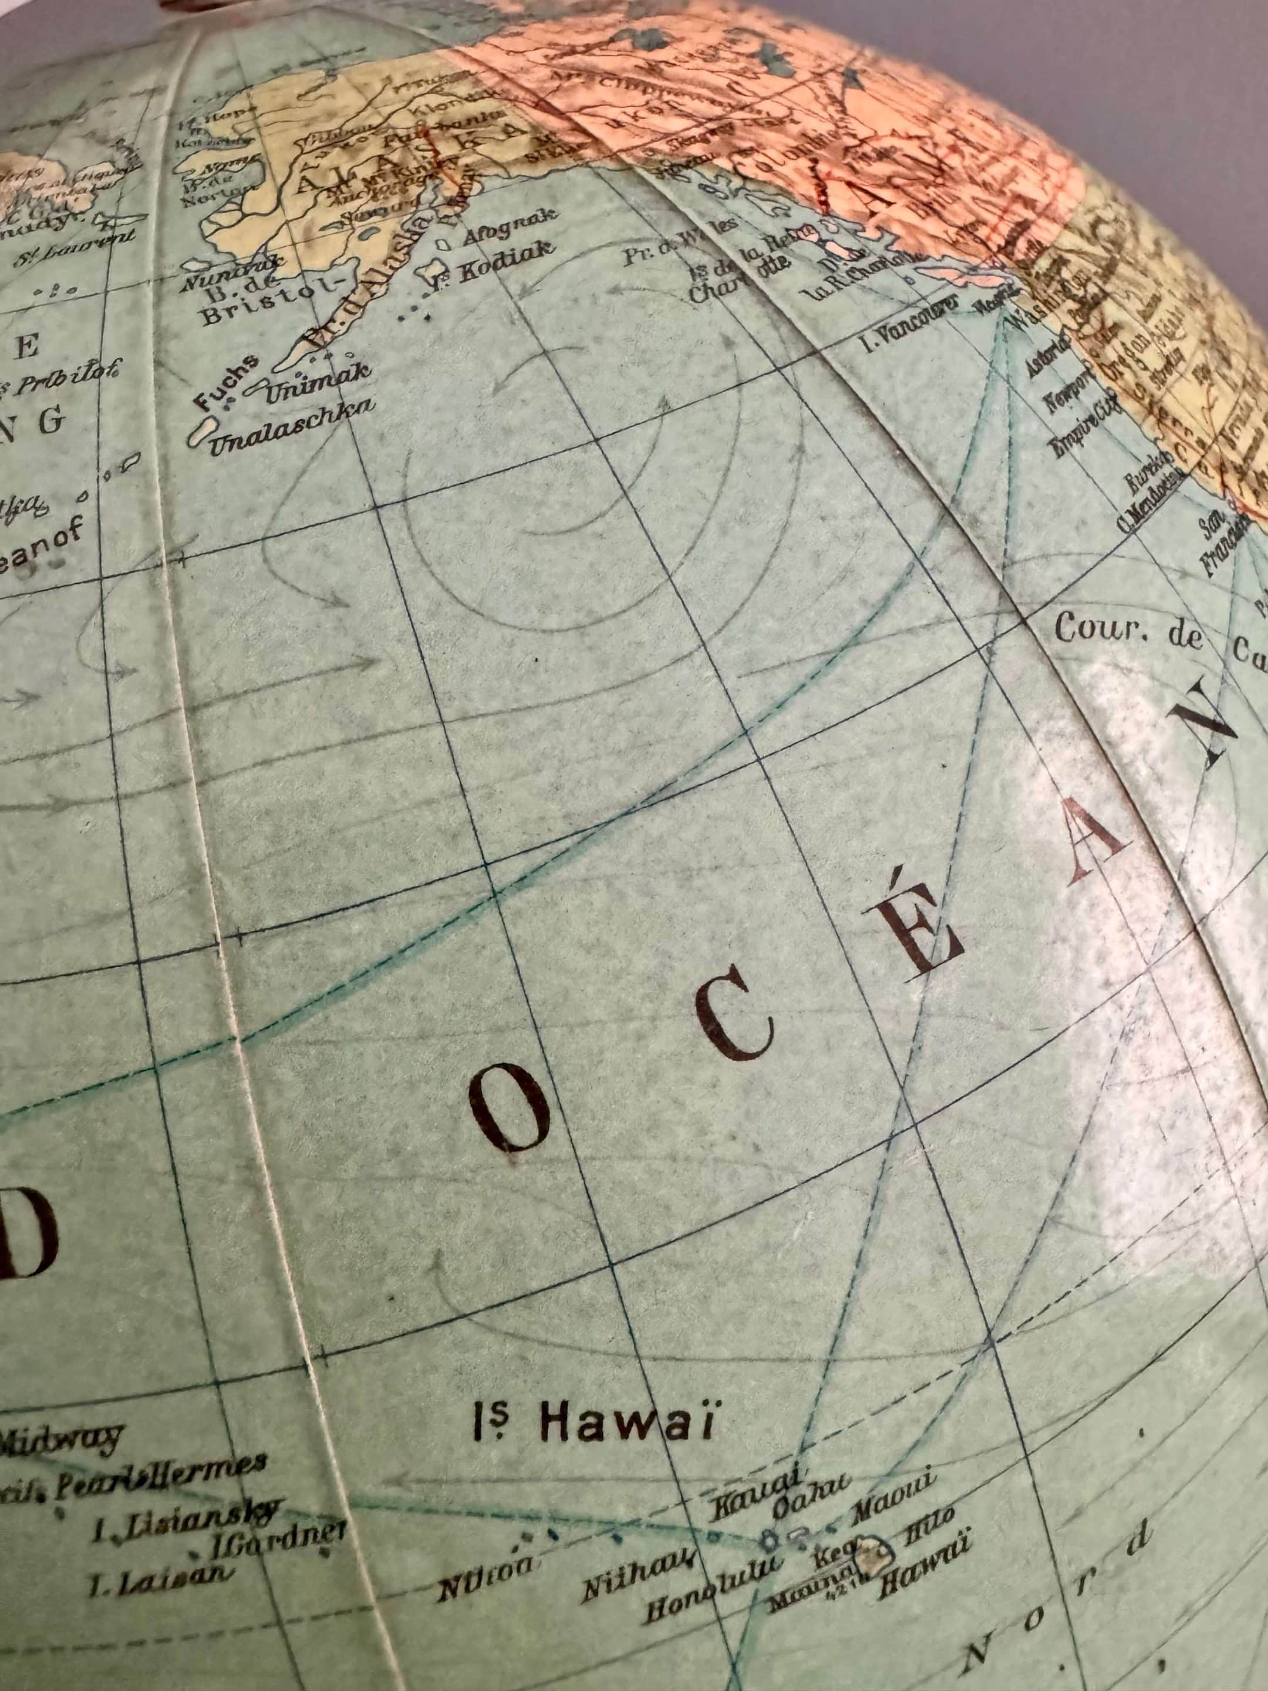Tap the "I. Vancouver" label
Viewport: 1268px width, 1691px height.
pyautogui.click(x=909, y=329)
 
